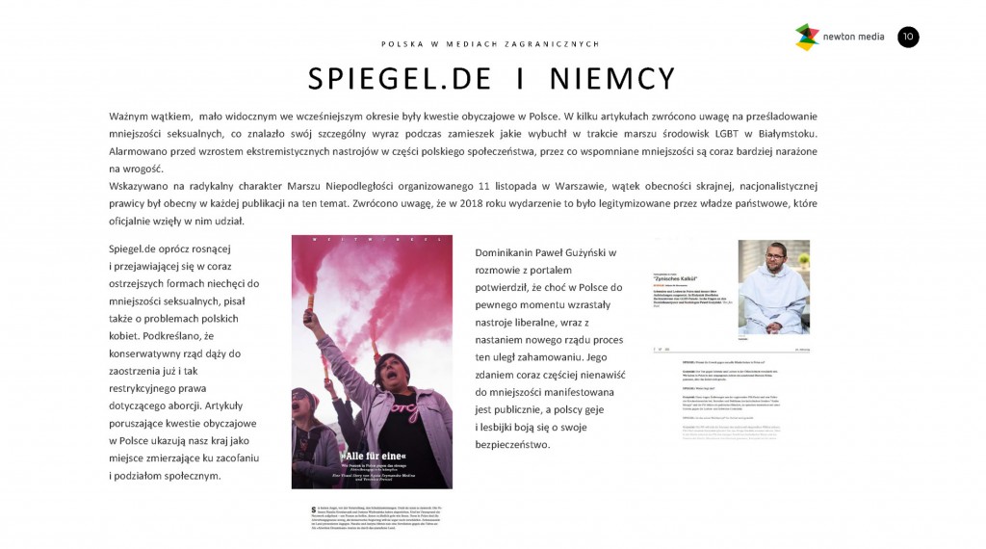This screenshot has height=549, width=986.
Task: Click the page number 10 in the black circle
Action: pos(908,37)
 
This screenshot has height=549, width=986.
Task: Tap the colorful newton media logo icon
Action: pos(806,37)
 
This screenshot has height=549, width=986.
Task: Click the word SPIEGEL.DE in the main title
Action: pos(400,79)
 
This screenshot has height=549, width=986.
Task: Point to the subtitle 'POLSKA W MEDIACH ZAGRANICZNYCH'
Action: pos(490,43)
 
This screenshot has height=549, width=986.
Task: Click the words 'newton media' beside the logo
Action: pos(853,38)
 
